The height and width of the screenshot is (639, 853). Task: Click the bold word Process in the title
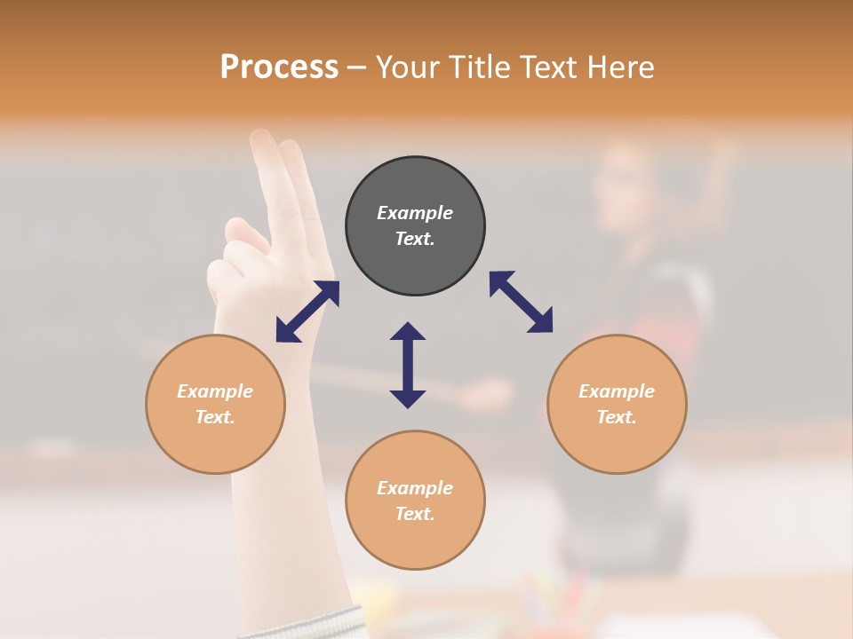coord(279,67)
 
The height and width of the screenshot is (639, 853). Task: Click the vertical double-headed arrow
coord(408,366)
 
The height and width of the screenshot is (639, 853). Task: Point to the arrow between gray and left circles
coord(307,312)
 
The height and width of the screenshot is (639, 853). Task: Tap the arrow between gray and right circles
coord(522,302)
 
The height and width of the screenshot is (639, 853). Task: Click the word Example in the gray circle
coord(415,213)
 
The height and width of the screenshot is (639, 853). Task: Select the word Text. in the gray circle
coord(415,239)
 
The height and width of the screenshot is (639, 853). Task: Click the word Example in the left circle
coord(215,391)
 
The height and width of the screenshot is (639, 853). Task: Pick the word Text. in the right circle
coord(617,417)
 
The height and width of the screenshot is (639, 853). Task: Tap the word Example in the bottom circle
coord(415,488)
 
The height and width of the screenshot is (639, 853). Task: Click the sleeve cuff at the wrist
coord(302,622)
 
